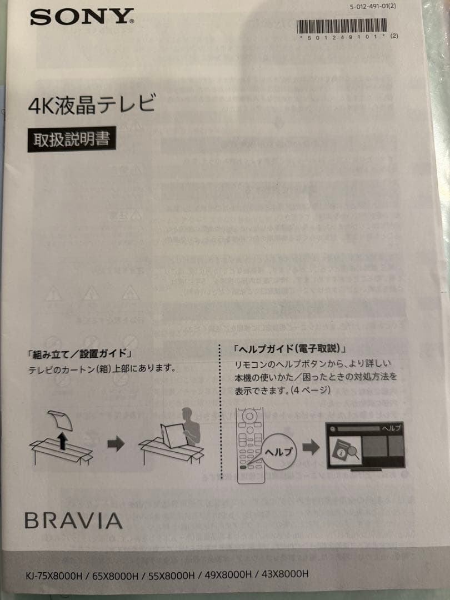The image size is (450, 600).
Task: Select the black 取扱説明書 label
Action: (x=72, y=139)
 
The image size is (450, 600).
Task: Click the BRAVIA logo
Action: (x=73, y=521)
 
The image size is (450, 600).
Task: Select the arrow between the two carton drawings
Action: (x=116, y=445)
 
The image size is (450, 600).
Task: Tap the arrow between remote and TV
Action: (x=312, y=446)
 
